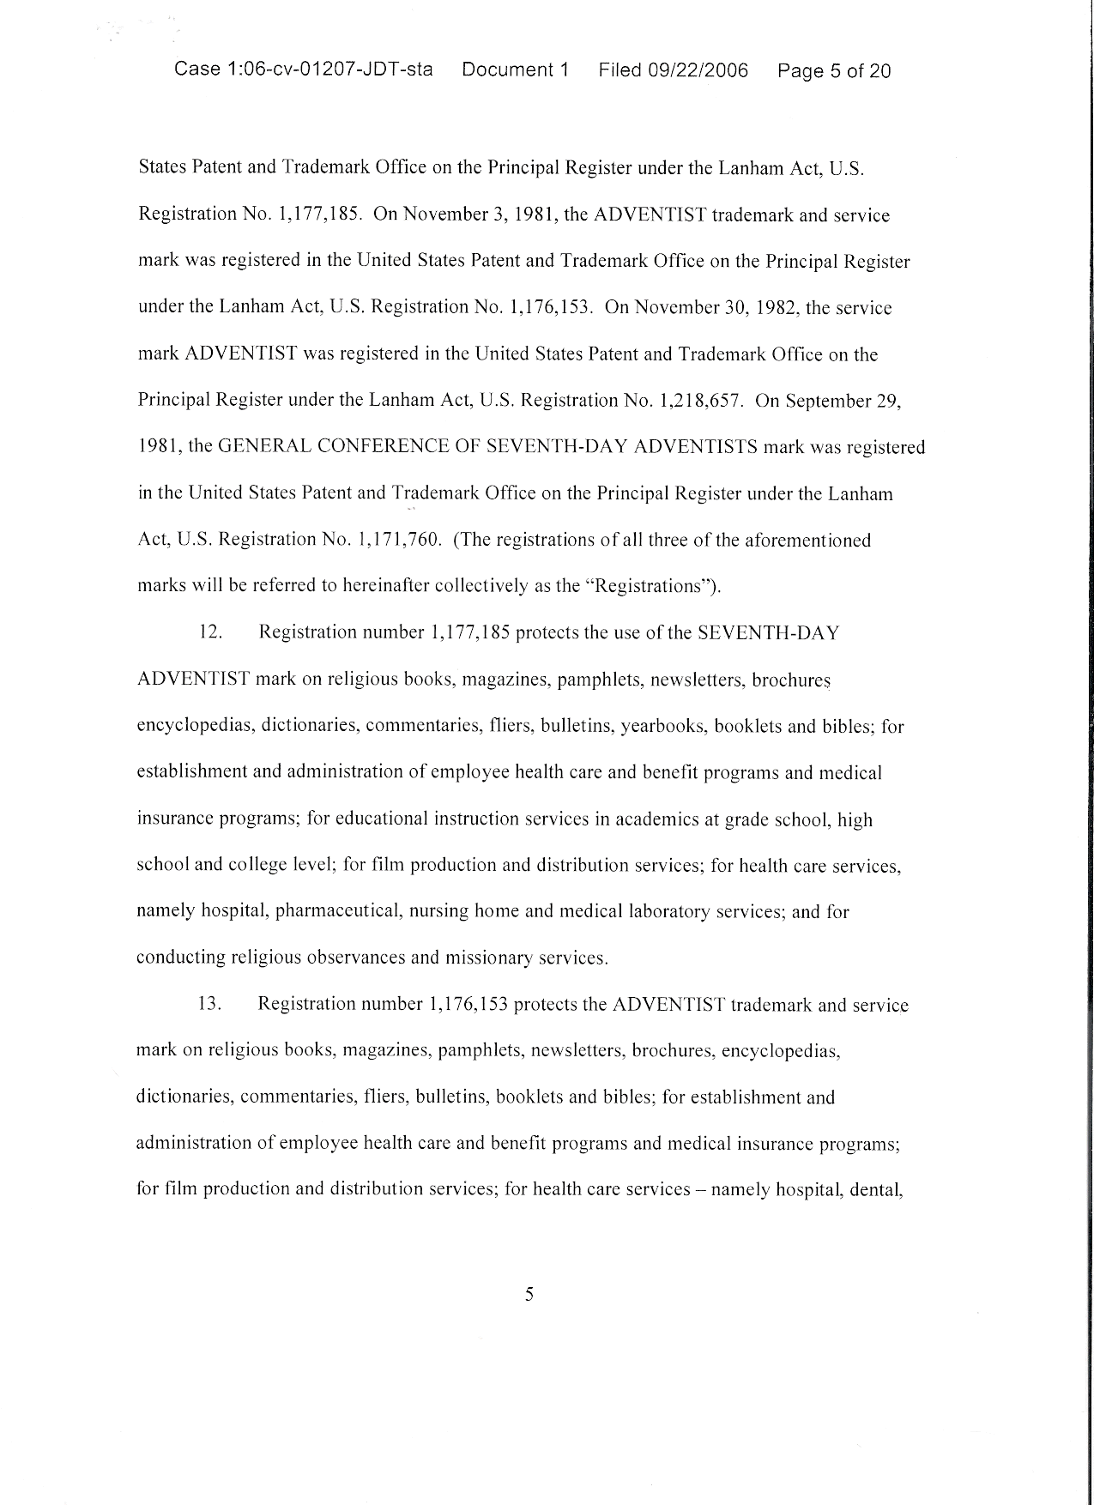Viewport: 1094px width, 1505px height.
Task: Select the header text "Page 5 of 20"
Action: click(x=834, y=71)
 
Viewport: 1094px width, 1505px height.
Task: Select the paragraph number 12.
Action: click(x=210, y=633)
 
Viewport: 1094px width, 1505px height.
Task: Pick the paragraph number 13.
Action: click(x=210, y=1005)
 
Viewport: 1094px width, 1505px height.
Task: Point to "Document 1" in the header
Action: click(x=516, y=70)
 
